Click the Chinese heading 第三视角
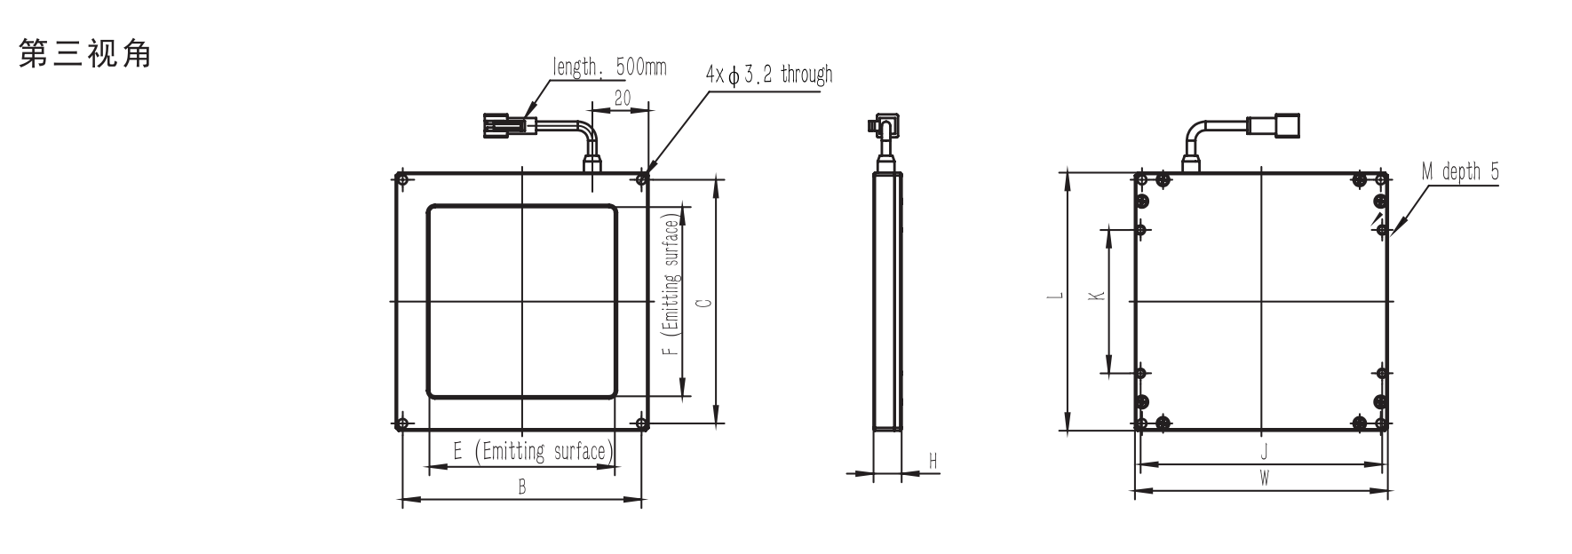click(85, 54)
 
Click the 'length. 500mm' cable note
click(609, 67)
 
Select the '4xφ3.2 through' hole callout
click(769, 75)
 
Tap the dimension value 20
click(622, 98)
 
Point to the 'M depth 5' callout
click(1460, 171)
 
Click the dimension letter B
click(522, 487)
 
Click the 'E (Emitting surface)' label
click(531, 451)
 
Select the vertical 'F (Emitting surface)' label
click(672, 285)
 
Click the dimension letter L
click(1052, 297)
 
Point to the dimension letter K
click(1096, 295)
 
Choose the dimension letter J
click(1264, 451)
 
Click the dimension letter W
click(1264, 478)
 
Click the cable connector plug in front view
click(504, 124)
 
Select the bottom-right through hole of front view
click(641, 423)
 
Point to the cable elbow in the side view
click(883, 128)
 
